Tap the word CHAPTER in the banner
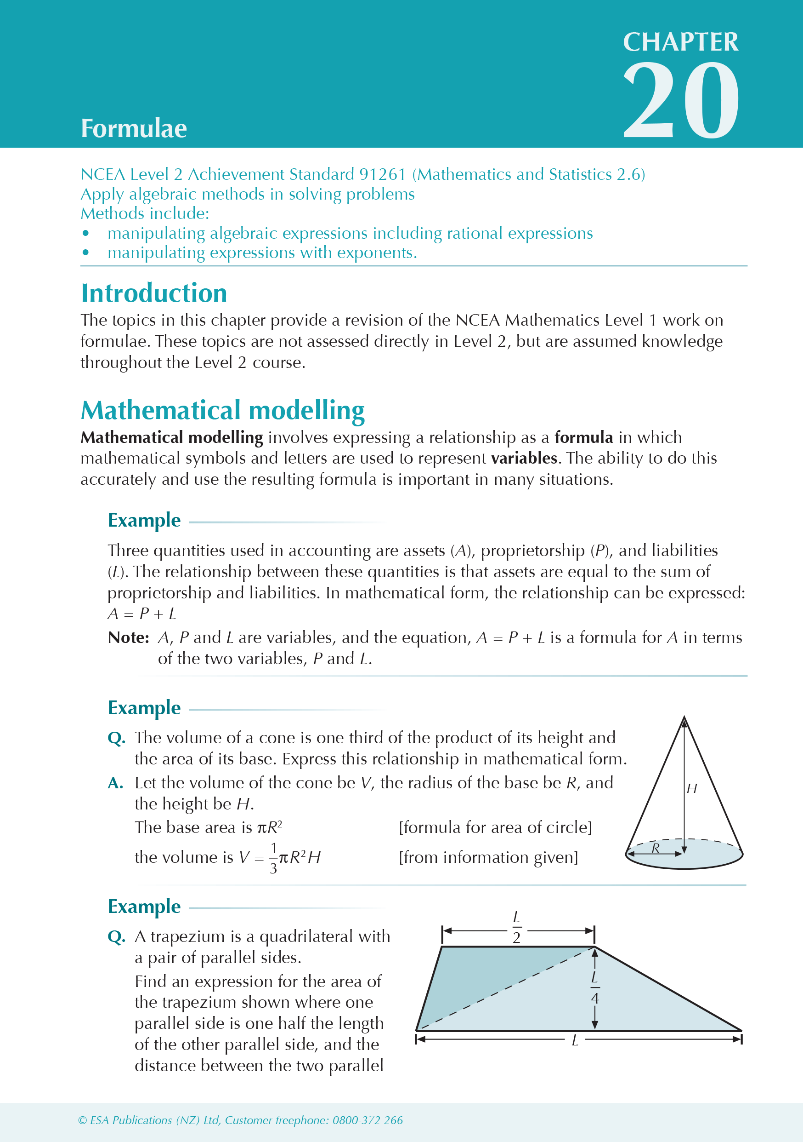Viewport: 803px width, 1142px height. click(680, 42)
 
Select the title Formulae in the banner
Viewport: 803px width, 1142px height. click(134, 128)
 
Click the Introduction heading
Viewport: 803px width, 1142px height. click(154, 293)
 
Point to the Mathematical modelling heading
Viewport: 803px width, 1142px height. click(223, 410)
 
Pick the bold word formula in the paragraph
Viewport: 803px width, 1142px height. click(583, 437)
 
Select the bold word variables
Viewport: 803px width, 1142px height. click(524, 458)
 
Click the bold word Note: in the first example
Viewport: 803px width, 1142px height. click(129, 637)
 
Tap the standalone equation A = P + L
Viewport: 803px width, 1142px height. click(141, 614)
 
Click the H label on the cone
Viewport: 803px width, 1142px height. click(692, 788)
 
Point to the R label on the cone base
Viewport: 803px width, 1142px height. click(656, 848)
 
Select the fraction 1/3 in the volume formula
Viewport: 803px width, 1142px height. click(273, 858)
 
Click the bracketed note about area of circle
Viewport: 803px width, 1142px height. click(495, 827)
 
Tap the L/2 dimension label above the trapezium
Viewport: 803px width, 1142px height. click(517, 928)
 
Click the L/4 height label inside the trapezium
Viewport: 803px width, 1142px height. click(595, 988)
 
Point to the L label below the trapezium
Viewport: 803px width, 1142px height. click(575, 1040)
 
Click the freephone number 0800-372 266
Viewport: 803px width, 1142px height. click(368, 1120)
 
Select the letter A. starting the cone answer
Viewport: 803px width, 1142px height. click(116, 783)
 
